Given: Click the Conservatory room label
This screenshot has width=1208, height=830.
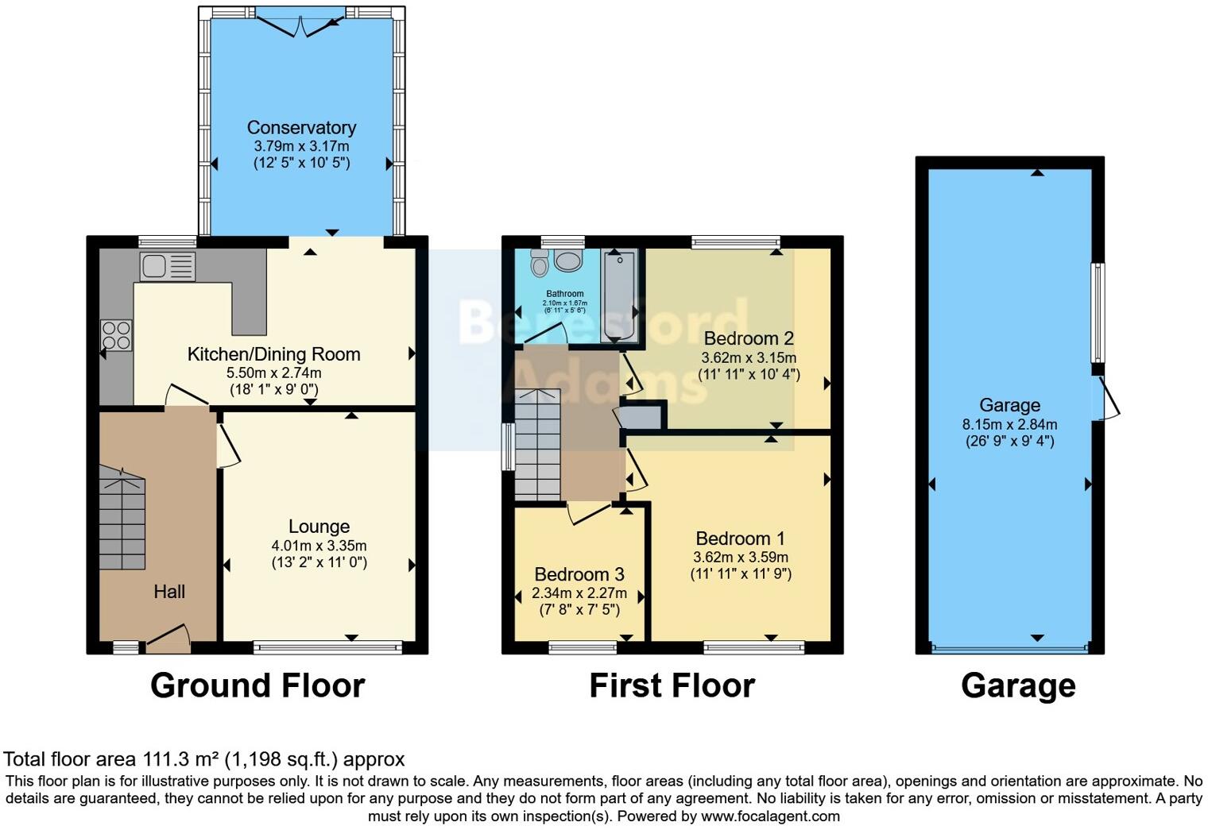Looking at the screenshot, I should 301,127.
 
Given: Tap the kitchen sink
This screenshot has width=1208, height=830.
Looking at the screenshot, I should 167,266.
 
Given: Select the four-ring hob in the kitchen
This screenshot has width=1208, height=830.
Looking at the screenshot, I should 116,334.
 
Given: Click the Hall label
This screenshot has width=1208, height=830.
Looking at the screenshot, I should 169,592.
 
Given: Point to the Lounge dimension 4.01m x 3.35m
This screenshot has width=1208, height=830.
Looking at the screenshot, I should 319,546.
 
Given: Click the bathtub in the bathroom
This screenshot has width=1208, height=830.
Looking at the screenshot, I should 620,294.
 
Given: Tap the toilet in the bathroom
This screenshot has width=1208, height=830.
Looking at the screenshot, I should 540,261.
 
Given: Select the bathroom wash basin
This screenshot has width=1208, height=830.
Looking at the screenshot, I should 567,261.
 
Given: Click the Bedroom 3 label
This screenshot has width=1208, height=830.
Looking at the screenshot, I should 579,574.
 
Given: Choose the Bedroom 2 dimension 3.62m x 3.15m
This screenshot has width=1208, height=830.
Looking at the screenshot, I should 749,358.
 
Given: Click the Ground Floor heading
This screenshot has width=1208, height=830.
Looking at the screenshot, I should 257,685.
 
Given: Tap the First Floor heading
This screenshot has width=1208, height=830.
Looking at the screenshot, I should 672,685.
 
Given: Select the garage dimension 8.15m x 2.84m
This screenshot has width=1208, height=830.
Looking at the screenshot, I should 1009,425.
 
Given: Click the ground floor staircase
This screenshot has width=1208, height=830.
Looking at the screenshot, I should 122,520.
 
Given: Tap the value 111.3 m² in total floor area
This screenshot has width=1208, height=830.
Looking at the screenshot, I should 181,759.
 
